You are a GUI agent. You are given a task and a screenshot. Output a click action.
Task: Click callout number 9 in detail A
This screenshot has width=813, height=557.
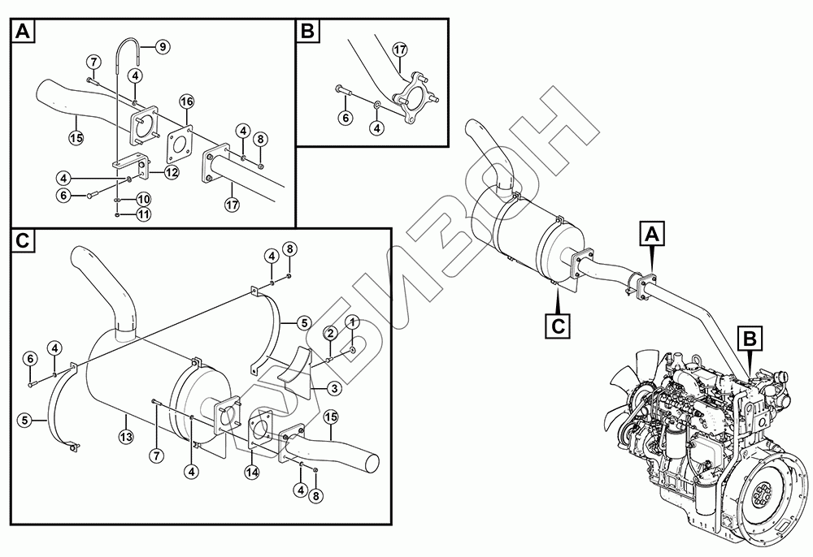tap(163, 47)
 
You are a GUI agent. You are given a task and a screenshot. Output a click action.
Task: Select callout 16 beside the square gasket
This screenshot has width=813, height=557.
tap(186, 101)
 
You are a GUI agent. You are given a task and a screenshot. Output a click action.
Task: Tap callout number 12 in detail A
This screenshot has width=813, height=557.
tap(171, 171)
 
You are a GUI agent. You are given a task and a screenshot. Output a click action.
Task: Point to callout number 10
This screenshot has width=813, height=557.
tap(143, 199)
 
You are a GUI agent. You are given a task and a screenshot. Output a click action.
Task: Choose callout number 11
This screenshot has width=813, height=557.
tap(143, 214)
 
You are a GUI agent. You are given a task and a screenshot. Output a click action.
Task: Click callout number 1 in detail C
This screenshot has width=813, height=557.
tap(352, 322)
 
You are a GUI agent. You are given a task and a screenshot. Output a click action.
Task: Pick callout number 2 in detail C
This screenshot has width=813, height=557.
tap(331, 332)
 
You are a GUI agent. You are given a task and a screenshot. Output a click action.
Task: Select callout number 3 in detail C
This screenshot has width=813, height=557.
tap(333, 389)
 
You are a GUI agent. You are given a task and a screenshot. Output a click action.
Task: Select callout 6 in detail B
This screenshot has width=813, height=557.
tap(345, 118)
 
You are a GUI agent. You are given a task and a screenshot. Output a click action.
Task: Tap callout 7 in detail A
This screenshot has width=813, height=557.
tap(94, 63)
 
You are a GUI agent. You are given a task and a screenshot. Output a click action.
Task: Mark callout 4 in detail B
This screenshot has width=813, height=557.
tap(376, 127)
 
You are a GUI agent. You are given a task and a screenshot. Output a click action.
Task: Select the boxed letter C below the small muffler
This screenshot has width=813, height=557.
tap(558, 325)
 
